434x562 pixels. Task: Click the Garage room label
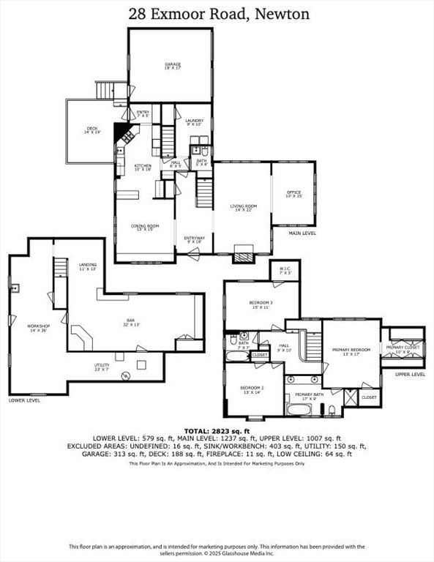[172, 67]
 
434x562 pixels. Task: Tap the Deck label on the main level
[91, 130]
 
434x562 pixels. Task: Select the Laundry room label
[194, 122]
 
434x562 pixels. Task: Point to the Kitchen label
[143, 168]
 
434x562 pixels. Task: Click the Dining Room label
[143, 228]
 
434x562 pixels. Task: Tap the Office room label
[293, 195]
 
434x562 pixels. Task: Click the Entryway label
[194, 239]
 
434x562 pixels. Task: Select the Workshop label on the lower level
[39, 328]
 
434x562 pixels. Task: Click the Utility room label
[101, 367]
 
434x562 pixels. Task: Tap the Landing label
[88, 266]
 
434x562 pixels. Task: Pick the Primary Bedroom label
[351, 352]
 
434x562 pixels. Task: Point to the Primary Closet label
[403, 351]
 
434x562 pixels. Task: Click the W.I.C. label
[285, 271]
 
